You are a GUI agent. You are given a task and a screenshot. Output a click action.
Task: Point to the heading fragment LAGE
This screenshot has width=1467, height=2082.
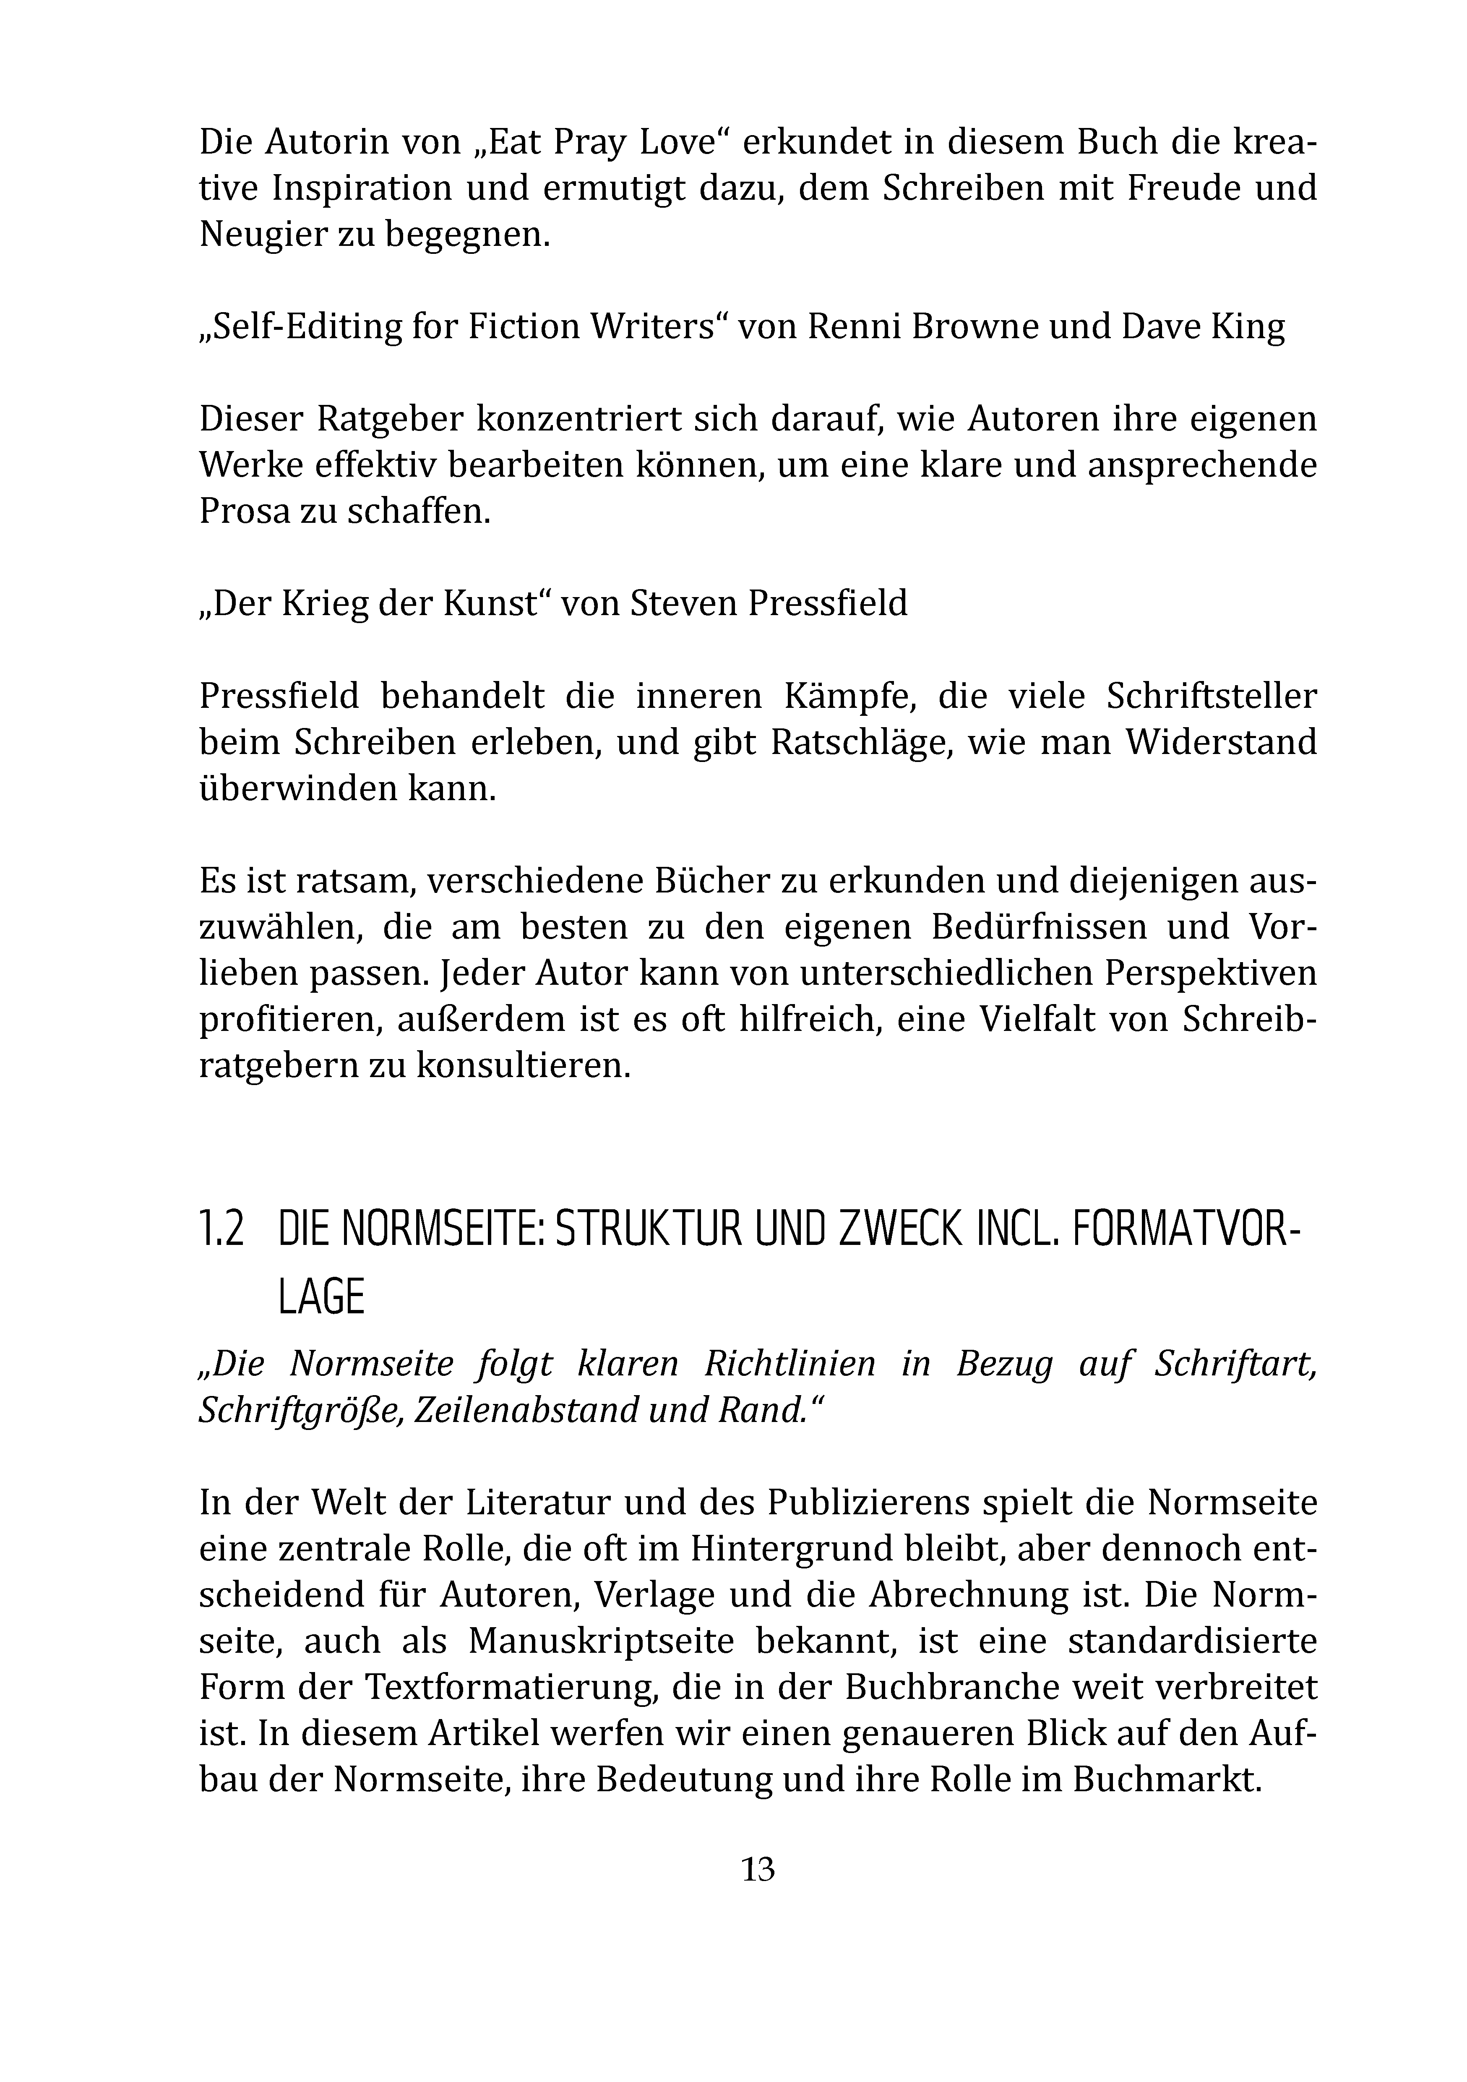(x=321, y=1298)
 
